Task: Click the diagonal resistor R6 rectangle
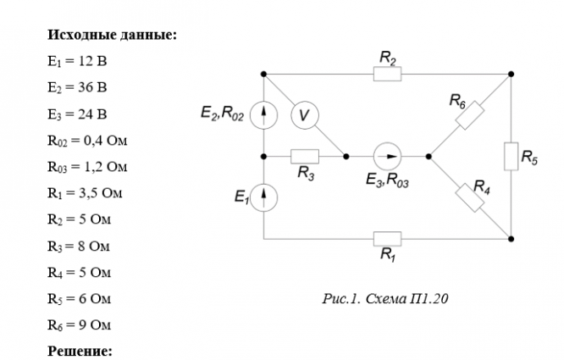pyautogui.click(x=469, y=115)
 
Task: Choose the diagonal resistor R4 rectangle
pyautogui.click(x=469, y=198)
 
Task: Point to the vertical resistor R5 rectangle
pyautogui.click(x=511, y=157)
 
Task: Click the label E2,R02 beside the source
pyautogui.click(x=222, y=114)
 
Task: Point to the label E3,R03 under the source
pyautogui.click(x=387, y=180)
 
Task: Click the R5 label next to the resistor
pyautogui.click(x=529, y=158)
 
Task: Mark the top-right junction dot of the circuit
pyautogui.click(x=511, y=74)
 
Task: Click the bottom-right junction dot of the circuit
pyautogui.click(x=511, y=239)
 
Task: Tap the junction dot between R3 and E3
pyautogui.click(x=346, y=157)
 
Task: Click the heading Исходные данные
pyautogui.click(x=113, y=35)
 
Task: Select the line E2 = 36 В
pyautogui.click(x=77, y=87)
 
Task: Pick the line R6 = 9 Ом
pyautogui.click(x=79, y=325)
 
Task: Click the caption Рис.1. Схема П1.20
pyautogui.click(x=384, y=298)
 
